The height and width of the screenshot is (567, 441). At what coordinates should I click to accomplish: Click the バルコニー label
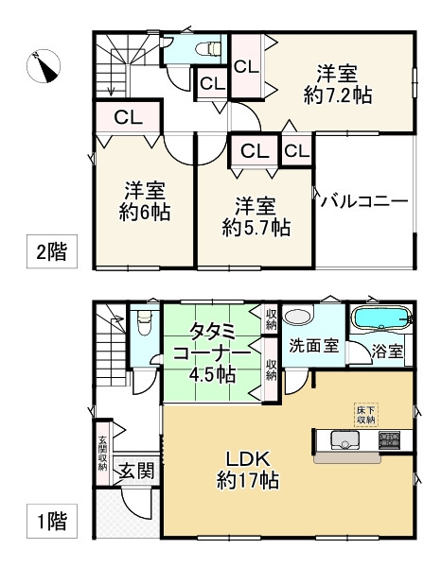[x=364, y=201]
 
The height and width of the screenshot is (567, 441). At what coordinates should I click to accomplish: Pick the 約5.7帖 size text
[x=256, y=227]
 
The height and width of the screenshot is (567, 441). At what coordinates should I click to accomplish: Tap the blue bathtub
[x=379, y=318]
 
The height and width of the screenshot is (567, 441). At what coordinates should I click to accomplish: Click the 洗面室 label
[x=314, y=346]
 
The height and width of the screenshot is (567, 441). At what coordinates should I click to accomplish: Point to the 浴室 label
[x=387, y=352]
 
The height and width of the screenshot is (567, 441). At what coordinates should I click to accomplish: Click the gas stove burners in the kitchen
[x=389, y=439]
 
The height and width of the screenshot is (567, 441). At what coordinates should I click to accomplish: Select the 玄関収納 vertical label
[x=102, y=452]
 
